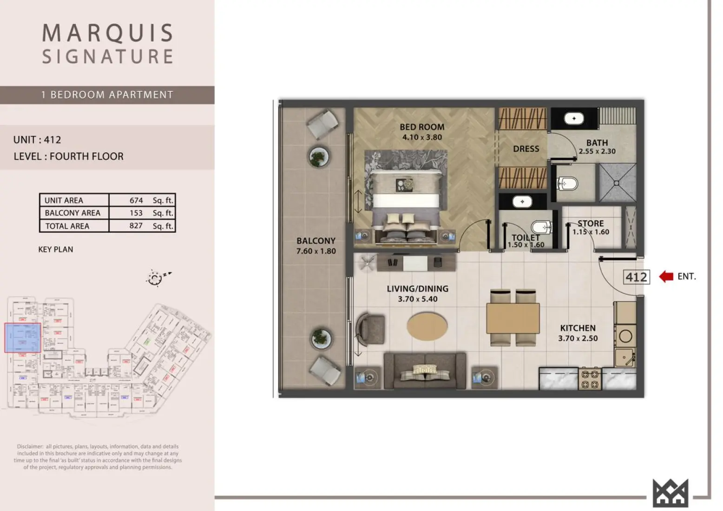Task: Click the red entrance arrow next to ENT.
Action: point(666,276)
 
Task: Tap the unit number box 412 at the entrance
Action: point(636,277)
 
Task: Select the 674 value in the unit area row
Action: point(136,200)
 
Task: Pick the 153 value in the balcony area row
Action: point(136,213)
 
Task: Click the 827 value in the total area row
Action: point(136,226)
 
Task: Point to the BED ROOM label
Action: point(422,127)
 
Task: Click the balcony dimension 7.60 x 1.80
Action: point(316,251)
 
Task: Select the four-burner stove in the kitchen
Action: point(590,379)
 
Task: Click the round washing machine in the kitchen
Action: point(625,335)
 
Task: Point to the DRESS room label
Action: point(526,149)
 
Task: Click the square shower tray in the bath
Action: point(617,183)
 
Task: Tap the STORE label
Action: point(591,223)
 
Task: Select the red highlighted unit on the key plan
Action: point(23,338)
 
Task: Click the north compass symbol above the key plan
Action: point(156,278)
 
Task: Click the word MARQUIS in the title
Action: point(108,33)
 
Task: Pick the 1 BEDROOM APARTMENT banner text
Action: point(107,95)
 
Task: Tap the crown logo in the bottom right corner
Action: point(670,493)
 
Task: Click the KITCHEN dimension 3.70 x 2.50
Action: point(578,338)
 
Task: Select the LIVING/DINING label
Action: point(417,288)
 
